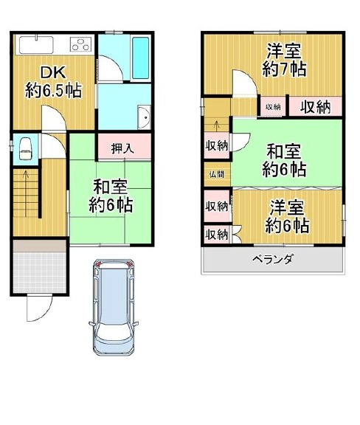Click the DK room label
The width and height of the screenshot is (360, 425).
53,82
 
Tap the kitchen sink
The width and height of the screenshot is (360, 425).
36,44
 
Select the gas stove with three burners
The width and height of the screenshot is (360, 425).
81,44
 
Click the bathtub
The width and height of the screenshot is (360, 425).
141,58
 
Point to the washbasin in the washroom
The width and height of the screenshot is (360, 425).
144,117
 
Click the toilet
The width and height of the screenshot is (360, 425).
25,148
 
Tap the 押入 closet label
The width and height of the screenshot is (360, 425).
122,148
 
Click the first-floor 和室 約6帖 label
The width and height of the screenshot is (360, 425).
111,196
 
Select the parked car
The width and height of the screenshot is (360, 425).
114,308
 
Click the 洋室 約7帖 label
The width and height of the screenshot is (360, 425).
284,60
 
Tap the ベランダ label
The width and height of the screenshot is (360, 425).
272,259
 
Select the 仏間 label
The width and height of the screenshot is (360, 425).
217,174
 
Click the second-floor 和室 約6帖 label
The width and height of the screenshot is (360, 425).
284,160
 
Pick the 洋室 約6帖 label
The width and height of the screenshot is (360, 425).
287,216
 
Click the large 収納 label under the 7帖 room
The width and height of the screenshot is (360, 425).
315,107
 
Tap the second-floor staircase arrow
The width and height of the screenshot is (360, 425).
216,125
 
